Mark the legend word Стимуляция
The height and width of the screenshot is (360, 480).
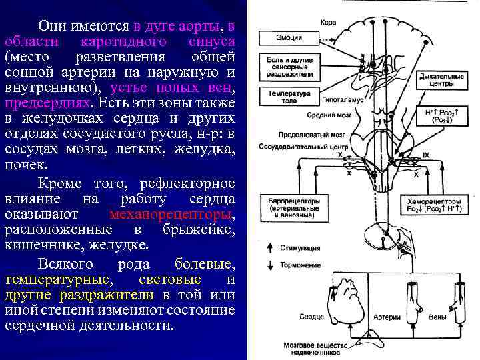[x=298, y=248]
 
